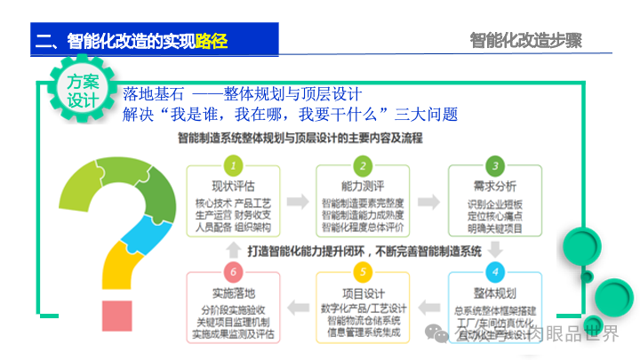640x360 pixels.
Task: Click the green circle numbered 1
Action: (x=233, y=166)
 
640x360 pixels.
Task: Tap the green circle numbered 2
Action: (x=363, y=166)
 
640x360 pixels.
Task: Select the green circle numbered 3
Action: (x=494, y=166)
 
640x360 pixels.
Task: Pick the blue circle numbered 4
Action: (x=494, y=272)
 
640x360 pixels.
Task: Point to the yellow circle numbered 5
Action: (x=363, y=272)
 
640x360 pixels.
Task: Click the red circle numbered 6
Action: (x=233, y=272)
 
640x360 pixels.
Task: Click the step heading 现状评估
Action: (x=233, y=187)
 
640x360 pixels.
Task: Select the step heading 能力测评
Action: (x=363, y=187)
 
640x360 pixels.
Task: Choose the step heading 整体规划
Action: (x=494, y=292)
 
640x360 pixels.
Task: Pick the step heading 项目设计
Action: (x=363, y=292)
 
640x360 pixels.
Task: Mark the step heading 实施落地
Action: (x=233, y=292)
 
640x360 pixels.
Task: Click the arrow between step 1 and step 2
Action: (x=298, y=197)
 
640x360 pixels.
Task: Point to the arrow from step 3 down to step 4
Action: (x=494, y=250)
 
